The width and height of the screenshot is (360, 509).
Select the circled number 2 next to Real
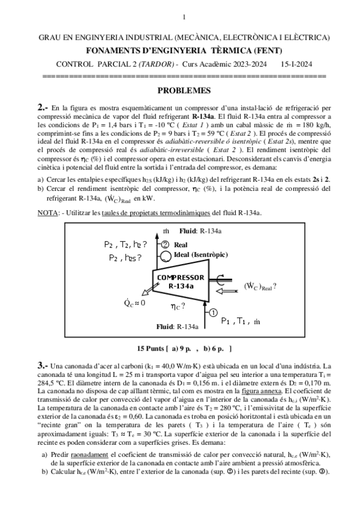[164, 244]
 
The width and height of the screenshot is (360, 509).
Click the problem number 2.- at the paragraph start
[43, 106]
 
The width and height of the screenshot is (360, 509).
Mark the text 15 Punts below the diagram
[152, 348]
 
